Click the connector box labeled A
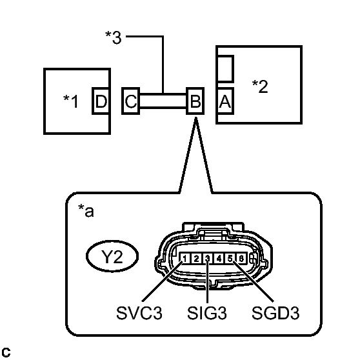point(225,101)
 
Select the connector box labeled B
point(195,101)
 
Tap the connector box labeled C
point(130,101)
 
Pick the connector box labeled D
point(101,101)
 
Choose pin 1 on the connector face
point(185,259)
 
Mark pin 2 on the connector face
point(195,259)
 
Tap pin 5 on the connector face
point(229,259)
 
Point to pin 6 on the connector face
point(240,259)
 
